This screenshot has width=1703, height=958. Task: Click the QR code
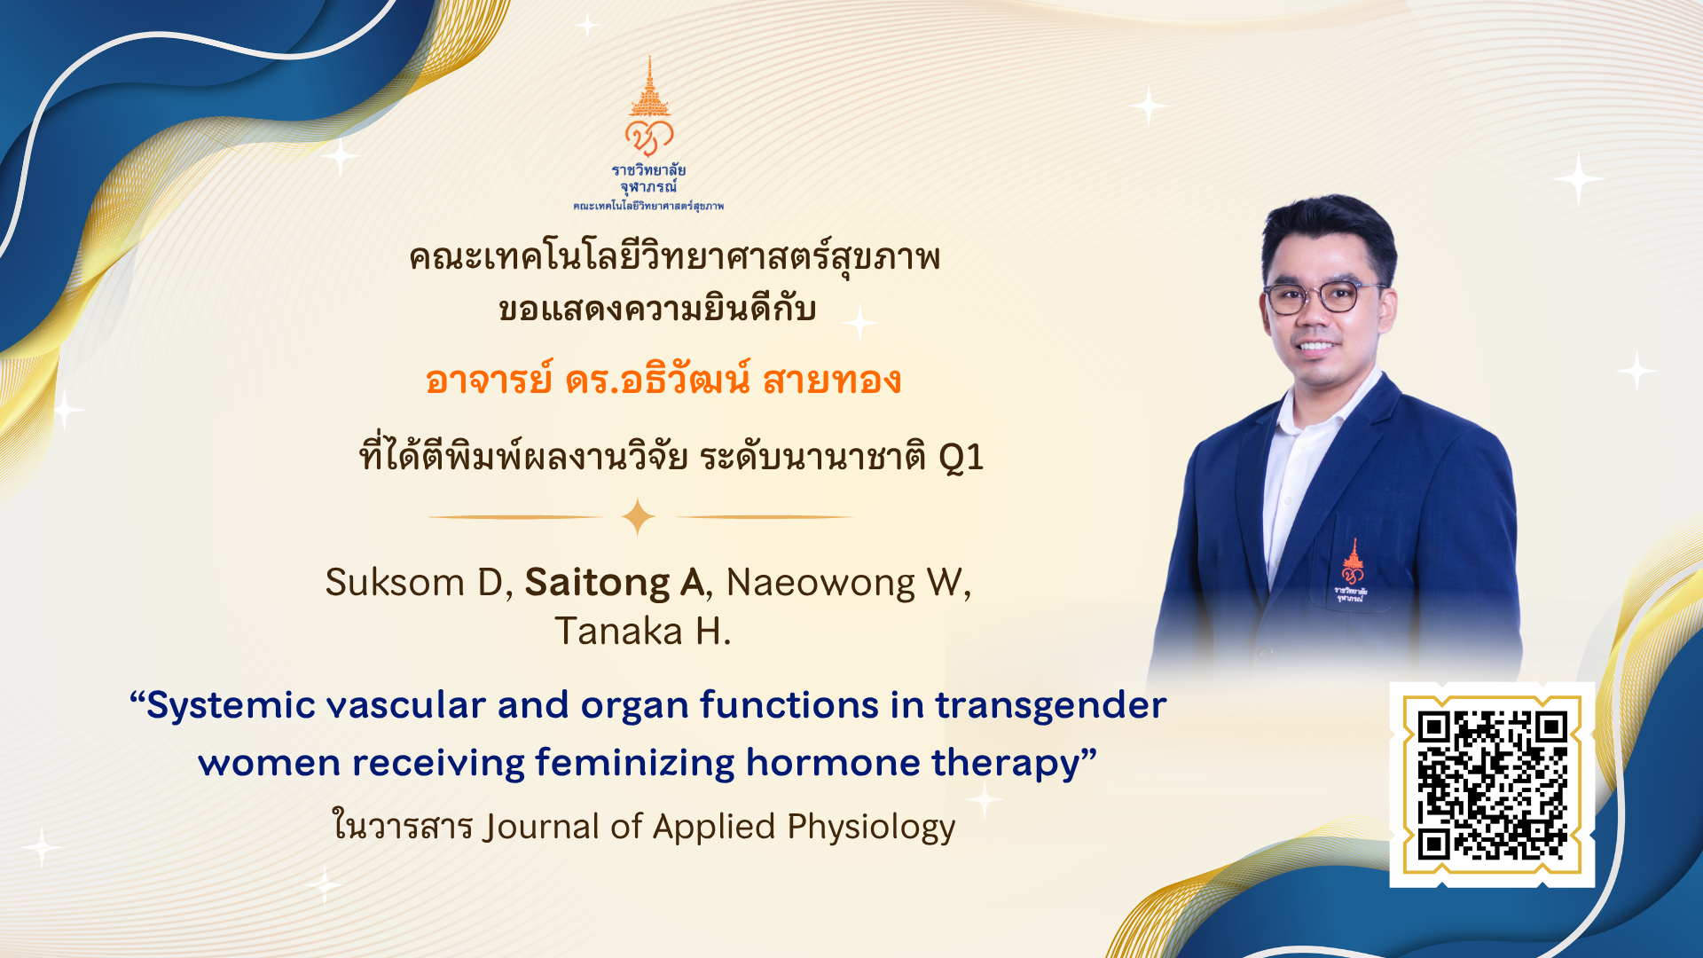point(1492,785)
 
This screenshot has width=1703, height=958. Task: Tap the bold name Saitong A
point(615,583)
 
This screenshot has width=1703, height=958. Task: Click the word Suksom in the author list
point(396,583)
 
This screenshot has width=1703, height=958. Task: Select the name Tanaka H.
point(643,632)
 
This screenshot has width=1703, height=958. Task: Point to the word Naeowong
point(820,584)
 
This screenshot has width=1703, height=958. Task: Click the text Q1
point(961,458)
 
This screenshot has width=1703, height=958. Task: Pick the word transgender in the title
point(1051,706)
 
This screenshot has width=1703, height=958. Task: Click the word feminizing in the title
point(635,763)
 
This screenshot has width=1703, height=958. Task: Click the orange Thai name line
point(663,380)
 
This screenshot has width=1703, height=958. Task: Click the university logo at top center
point(648,133)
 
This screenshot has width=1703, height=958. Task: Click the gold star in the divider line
point(638,516)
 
